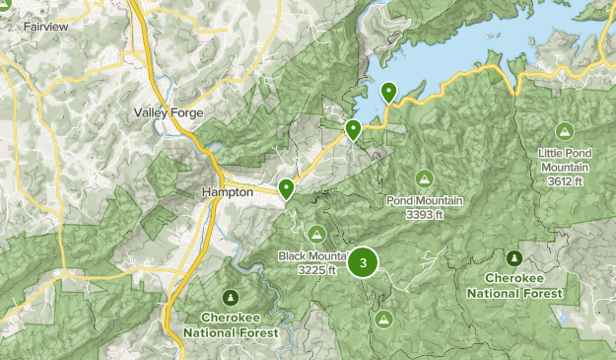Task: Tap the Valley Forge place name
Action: [169, 113]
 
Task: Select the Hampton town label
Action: [228, 192]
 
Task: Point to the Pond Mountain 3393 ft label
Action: [425, 207]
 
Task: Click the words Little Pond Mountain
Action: [565, 160]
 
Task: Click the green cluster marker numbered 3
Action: [365, 262]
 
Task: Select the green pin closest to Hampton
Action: [287, 187]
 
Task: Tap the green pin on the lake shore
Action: [389, 92]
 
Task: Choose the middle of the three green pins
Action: [353, 128]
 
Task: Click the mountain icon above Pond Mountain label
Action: [425, 179]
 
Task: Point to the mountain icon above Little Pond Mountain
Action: [565, 130]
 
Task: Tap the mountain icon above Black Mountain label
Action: [316, 233]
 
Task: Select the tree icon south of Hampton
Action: [230, 297]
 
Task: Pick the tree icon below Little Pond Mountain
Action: [514, 257]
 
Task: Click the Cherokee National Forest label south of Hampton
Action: [230, 324]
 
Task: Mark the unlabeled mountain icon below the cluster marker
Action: [383, 319]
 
